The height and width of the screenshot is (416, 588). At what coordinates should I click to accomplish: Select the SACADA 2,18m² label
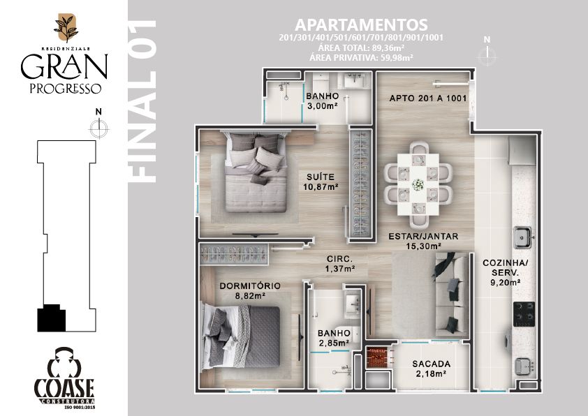[432, 369]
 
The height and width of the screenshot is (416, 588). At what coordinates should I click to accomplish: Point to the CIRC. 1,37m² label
[340, 263]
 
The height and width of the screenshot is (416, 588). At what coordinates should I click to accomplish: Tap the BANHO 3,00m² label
[322, 101]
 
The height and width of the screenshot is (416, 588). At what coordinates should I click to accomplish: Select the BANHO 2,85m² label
[334, 338]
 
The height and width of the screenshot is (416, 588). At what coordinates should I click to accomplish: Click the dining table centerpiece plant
[418, 184]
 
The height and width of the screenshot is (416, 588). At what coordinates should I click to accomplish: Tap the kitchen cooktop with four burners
[524, 313]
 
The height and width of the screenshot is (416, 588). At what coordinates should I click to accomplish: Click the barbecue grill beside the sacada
[378, 357]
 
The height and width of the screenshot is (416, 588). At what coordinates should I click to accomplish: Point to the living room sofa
[450, 294]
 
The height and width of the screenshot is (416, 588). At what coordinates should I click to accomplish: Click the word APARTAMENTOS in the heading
[361, 24]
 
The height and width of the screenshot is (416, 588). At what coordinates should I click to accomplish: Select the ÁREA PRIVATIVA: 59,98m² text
[362, 57]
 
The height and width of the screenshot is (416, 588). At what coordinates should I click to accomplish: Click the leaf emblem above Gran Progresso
[66, 28]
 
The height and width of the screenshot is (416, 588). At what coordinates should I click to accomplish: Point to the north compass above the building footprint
[98, 124]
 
